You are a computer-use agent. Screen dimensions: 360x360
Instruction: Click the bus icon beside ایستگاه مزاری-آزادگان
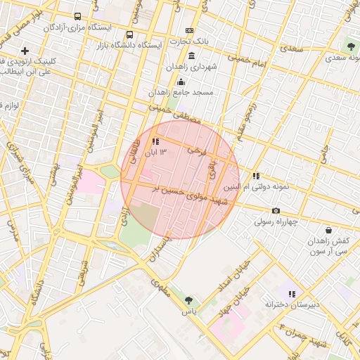(x=77, y=16)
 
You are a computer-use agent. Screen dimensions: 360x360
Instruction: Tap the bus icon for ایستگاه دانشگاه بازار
(x=129, y=34)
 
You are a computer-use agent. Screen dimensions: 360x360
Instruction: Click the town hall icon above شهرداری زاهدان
(x=189, y=30)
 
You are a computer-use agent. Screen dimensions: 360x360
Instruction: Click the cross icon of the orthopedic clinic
(x=25, y=51)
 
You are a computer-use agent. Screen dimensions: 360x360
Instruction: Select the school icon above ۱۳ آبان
(x=155, y=141)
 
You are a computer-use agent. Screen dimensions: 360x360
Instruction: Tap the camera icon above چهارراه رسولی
(x=276, y=210)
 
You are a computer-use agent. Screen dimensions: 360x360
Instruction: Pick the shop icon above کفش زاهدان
(x=328, y=230)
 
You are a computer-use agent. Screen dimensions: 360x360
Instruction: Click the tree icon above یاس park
(x=188, y=300)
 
